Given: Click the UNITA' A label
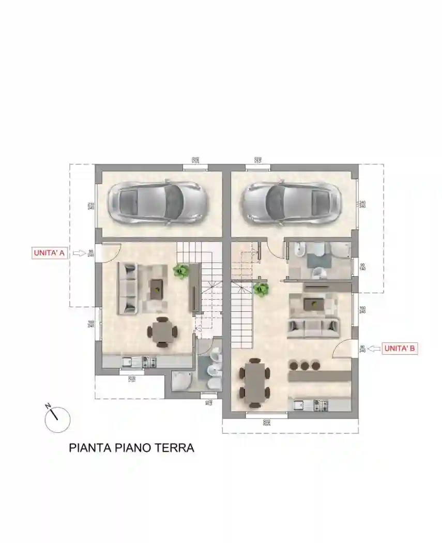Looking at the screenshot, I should [49, 253].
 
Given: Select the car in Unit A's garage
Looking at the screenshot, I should [157, 202].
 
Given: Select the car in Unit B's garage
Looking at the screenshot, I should [292, 202].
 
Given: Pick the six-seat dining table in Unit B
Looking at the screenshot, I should [254, 382].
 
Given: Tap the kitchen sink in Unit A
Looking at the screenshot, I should [127, 361].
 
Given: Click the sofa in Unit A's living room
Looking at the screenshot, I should [128, 288].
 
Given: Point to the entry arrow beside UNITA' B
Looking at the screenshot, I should [373, 349].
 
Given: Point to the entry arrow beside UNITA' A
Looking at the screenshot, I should [78, 253].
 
